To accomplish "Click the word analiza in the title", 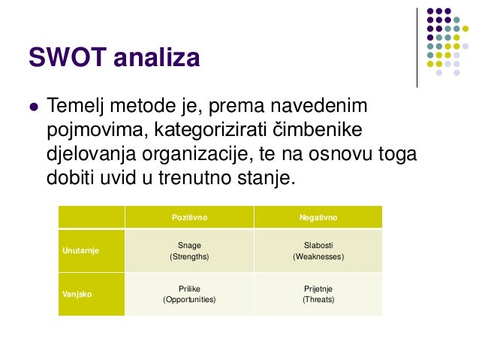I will (157, 57).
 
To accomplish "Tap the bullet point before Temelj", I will (32, 107).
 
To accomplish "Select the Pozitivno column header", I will (189, 217).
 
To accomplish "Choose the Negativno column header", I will (318, 217).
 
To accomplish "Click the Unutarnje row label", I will (80, 250).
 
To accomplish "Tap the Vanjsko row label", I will (77, 294).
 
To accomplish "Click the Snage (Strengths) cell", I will (189, 250).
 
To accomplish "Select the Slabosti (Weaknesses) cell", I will (318, 250).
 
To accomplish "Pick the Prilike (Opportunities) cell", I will (189, 294).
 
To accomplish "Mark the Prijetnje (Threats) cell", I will (318, 294).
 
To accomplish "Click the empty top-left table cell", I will (92, 217).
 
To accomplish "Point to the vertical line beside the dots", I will (417, 47).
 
